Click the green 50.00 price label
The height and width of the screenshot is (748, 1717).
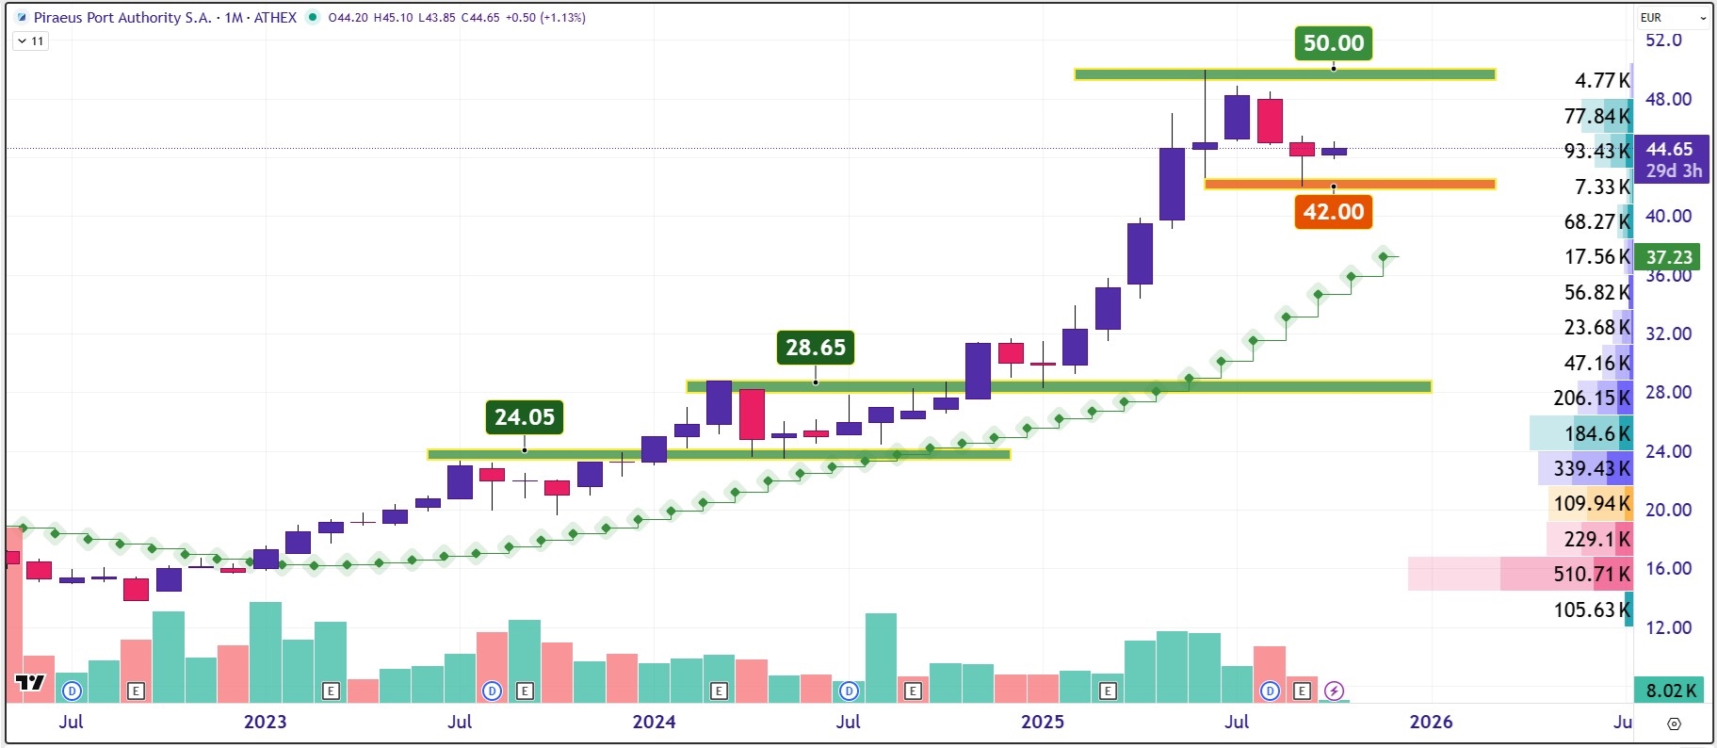click(1333, 43)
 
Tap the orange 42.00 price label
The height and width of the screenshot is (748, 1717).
click(1333, 212)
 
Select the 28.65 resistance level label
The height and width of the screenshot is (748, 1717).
click(816, 348)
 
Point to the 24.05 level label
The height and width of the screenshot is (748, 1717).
click(525, 417)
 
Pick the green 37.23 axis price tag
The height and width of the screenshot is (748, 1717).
click(1669, 257)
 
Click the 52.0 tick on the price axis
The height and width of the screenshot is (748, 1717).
click(1663, 41)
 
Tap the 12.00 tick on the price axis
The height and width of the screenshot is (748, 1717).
click(1668, 627)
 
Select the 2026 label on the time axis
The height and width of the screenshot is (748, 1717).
click(1431, 722)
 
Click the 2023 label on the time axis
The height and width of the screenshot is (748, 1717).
click(265, 722)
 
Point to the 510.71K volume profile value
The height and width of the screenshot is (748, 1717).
click(1591, 574)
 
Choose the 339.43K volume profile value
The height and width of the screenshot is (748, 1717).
click(1591, 468)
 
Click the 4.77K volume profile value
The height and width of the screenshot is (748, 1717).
click(1601, 81)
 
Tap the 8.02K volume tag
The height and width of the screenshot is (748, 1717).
click(1671, 691)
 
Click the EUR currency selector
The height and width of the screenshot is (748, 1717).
click(1672, 17)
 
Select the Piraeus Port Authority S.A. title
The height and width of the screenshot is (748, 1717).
click(122, 17)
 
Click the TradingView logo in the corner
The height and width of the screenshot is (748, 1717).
click(30, 682)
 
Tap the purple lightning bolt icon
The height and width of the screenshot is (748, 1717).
click(1334, 691)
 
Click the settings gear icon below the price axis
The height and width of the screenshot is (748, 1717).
click(1674, 724)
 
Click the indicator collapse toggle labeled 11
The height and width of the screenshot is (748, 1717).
click(30, 41)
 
